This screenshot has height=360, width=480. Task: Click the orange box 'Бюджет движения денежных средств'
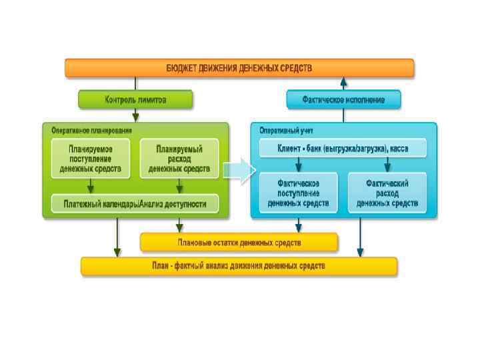click(239, 68)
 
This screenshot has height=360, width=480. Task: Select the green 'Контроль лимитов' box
click(135, 100)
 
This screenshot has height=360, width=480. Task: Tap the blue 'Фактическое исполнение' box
click(344, 100)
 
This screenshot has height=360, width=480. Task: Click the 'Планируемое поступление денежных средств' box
click(90, 158)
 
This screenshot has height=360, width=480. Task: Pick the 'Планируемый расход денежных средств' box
click(179, 158)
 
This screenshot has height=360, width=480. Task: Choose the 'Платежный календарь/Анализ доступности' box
click(135, 203)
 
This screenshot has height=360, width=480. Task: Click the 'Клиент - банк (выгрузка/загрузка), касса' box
click(343, 148)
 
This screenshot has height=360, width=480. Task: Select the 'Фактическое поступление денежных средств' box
click(299, 191)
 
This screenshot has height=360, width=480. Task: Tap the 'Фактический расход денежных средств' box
click(387, 191)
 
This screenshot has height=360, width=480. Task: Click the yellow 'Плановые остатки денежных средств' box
click(239, 241)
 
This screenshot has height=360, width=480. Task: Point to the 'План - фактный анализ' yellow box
click(239, 266)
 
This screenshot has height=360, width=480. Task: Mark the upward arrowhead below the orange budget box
click(343, 83)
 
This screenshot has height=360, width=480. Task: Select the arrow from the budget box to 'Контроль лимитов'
click(135, 85)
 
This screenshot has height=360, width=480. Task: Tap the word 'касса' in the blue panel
click(418, 148)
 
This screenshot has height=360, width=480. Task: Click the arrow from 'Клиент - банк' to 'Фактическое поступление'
click(299, 164)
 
